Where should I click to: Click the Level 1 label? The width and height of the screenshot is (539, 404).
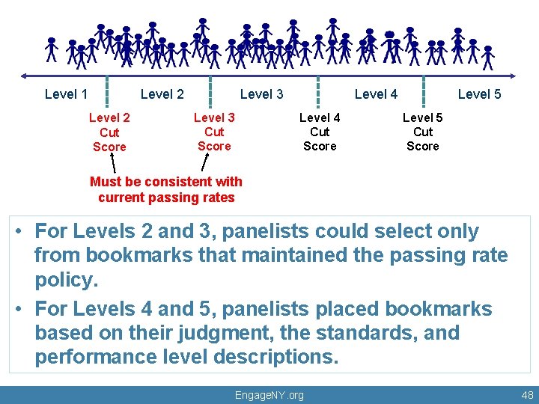pyautogui.click(x=66, y=94)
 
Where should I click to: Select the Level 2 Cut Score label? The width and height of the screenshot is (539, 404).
pyautogui.click(x=109, y=132)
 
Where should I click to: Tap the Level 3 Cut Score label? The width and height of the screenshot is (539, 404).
pyautogui.click(x=214, y=131)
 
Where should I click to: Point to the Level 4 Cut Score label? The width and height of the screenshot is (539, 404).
pyautogui.click(x=320, y=132)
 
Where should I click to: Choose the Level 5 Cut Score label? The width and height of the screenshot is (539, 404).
pyautogui.click(x=423, y=131)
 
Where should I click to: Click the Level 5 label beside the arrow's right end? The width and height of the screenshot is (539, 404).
pyautogui.click(x=479, y=94)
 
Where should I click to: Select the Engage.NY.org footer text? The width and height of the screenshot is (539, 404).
pyautogui.click(x=269, y=394)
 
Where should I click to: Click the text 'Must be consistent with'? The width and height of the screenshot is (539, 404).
pyautogui.click(x=166, y=181)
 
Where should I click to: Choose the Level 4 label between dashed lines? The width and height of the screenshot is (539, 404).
pyautogui.click(x=376, y=94)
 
